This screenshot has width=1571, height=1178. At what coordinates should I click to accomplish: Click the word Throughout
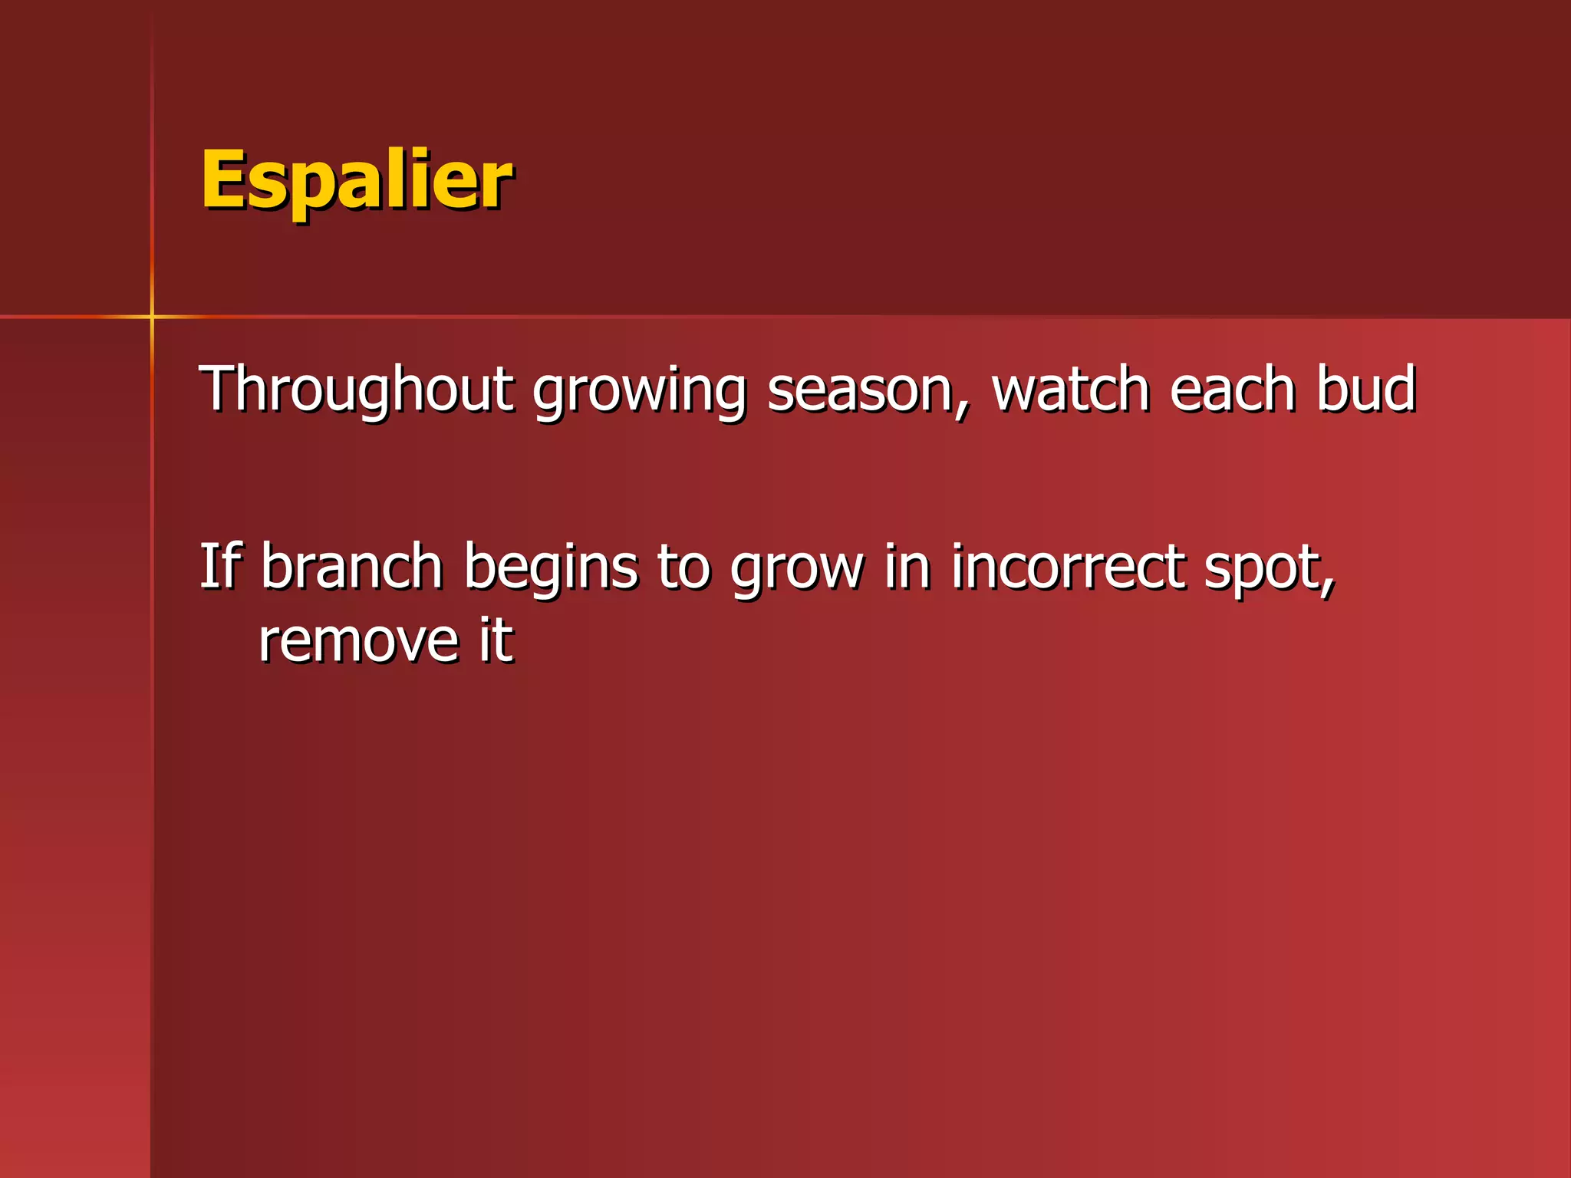pyautogui.click(x=356, y=390)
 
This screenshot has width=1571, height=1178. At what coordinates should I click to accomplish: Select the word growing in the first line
pyautogui.click(x=639, y=393)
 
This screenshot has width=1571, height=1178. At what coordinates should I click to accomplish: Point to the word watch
pyautogui.click(x=1071, y=390)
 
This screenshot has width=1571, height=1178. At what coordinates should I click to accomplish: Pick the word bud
pyautogui.click(x=1365, y=390)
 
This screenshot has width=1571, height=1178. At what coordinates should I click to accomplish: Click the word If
pyautogui.click(x=220, y=566)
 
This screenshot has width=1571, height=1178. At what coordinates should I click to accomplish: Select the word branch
pyautogui.click(x=351, y=566)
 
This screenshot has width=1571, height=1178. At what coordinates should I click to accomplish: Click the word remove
pyautogui.click(x=358, y=641)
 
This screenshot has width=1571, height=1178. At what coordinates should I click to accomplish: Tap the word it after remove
pyautogui.click(x=496, y=640)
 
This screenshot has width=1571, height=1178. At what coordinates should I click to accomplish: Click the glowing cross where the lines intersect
pyautogui.click(x=152, y=316)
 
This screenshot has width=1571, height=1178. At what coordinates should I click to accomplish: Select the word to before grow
pyautogui.click(x=683, y=568)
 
